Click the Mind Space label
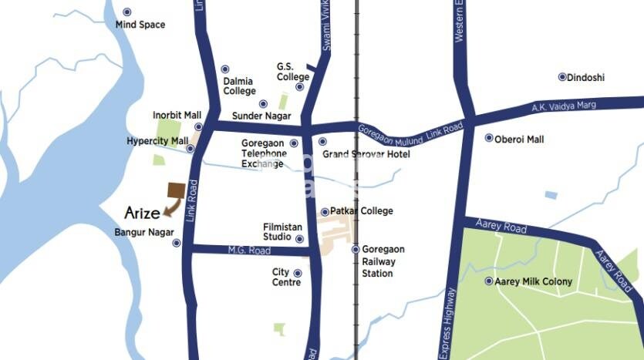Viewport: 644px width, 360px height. (x=140, y=25)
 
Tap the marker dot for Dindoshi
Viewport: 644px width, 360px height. (x=562, y=77)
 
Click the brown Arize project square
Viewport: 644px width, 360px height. (x=177, y=190)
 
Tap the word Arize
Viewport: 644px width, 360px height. (x=143, y=212)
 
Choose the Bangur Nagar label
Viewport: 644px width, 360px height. (x=144, y=232)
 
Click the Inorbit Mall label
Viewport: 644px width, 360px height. (x=177, y=116)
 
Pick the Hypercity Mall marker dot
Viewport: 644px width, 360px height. (x=191, y=149)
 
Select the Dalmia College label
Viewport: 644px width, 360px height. (x=239, y=86)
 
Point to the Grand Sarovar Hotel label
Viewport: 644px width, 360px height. (x=366, y=154)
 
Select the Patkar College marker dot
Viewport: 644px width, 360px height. (x=325, y=212)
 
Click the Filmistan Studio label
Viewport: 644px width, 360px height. (x=278, y=232)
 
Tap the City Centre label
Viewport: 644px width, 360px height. (x=281, y=278)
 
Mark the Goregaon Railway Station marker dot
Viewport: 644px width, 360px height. (x=356, y=249)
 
